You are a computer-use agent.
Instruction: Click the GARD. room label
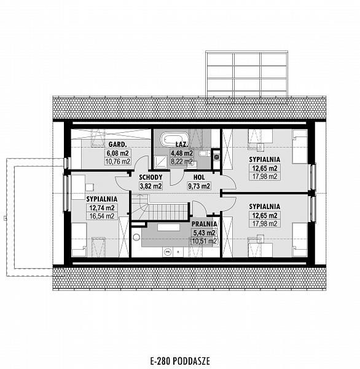(117, 144)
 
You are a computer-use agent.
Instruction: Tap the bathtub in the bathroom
(175, 140)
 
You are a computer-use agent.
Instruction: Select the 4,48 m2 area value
(182, 153)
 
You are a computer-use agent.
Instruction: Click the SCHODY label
(151, 177)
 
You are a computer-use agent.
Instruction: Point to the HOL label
(199, 177)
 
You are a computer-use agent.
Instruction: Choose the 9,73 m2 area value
(199, 186)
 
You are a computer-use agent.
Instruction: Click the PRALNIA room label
(204, 224)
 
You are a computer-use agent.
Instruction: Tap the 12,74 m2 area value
(102, 208)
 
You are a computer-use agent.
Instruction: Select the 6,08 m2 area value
(117, 153)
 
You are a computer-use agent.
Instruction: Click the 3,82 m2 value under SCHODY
(151, 186)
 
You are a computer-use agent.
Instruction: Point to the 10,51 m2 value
(204, 241)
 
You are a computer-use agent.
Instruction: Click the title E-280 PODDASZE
(180, 360)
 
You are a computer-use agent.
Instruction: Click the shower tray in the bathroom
(161, 162)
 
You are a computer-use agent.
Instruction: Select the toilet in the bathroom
(203, 154)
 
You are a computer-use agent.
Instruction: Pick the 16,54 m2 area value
(102, 216)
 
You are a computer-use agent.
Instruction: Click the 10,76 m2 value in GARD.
(117, 161)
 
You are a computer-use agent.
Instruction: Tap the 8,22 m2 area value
(182, 161)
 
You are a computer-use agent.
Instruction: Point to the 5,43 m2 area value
(204, 232)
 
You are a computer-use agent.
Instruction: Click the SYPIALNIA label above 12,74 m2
(102, 199)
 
